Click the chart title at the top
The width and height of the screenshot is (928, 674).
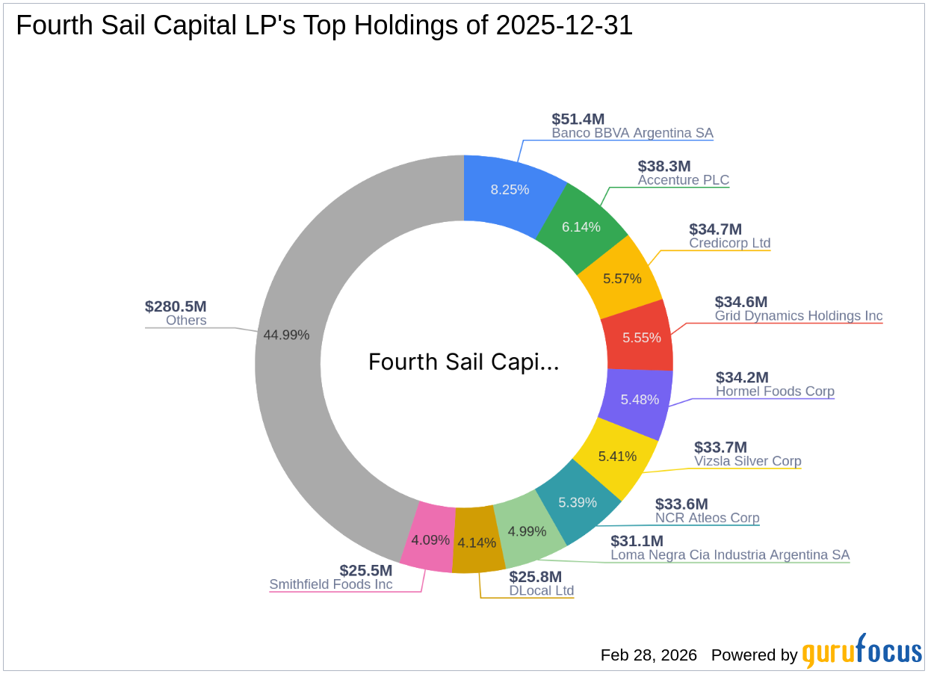click(x=324, y=26)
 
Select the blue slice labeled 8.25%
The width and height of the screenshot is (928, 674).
click(x=510, y=189)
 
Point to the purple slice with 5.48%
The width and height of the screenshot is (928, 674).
click(x=639, y=400)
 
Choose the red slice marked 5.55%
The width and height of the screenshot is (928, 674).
click(x=641, y=337)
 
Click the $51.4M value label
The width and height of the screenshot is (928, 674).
click(x=578, y=119)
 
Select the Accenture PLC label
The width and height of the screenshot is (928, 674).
click(x=683, y=180)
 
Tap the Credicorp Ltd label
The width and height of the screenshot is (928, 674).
click(x=729, y=244)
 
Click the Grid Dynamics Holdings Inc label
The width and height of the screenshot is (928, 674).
click(x=798, y=316)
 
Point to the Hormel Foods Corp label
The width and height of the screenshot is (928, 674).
click(x=775, y=392)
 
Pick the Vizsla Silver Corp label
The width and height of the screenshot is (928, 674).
click(x=747, y=461)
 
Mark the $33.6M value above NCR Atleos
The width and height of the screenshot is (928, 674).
click(x=681, y=504)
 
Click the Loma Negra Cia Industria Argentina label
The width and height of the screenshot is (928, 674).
click(x=729, y=555)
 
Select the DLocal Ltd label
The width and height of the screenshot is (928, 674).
click(x=541, y=591)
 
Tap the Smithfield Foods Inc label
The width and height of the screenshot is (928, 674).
click(x=330, y=584)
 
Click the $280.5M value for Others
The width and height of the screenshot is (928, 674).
click(x=176, y=306)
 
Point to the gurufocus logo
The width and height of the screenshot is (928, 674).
click(x=862, y=652)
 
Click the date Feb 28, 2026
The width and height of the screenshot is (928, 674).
click(x=649, y=655)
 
